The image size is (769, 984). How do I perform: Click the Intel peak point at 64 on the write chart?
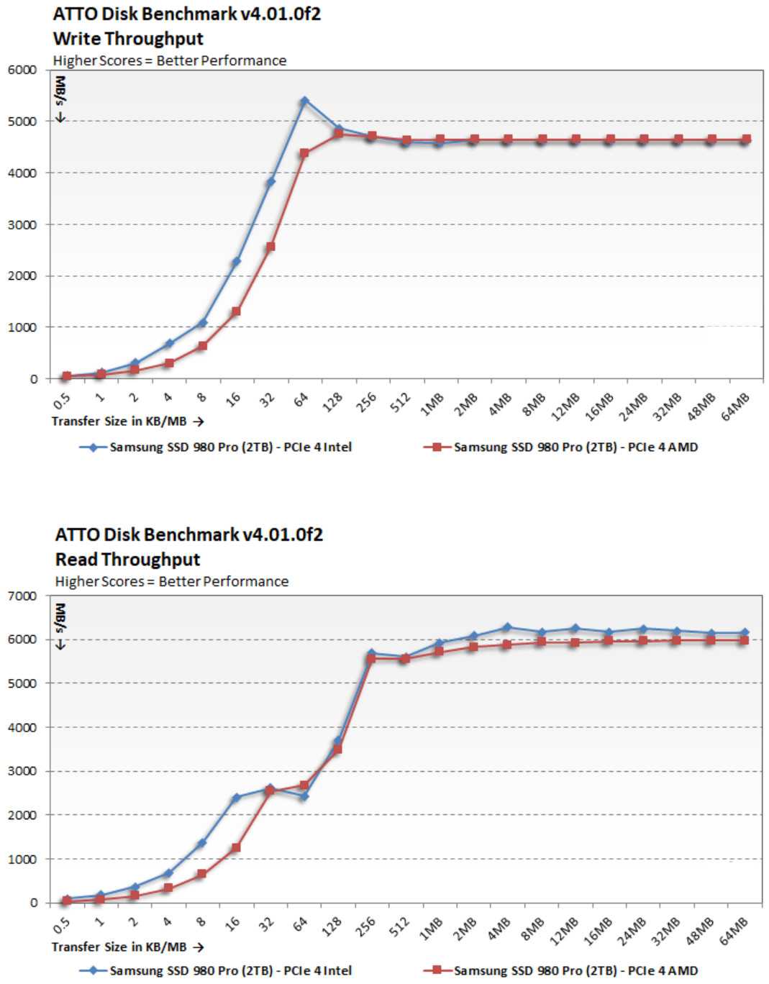[304, 101]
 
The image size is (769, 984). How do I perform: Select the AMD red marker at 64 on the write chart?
[304, 152]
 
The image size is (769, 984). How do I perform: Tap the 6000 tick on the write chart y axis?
[22, 70]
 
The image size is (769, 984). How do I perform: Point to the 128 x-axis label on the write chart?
[332, 403]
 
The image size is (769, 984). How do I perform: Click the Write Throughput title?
[128, 39]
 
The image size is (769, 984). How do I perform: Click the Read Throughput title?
[127, 559]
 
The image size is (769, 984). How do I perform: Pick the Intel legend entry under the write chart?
[216, 447]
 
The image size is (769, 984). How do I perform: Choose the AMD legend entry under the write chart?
[561, 447]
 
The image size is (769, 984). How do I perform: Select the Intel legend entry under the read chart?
[216, 970]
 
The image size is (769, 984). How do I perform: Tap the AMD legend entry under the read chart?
[561, 970]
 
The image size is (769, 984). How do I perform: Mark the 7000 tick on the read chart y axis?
[22, 596]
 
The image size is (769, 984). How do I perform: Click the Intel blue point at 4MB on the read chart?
[507, 627]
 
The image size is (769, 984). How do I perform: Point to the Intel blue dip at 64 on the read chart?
[304, 796]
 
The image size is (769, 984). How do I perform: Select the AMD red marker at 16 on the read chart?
[236, 847]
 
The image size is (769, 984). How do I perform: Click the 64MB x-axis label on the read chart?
[734, 929]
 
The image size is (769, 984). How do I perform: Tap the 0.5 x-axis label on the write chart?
[62, 400]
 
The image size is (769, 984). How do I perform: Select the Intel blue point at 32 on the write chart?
[270, 182]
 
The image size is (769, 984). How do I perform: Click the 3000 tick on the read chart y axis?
[22, 771]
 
